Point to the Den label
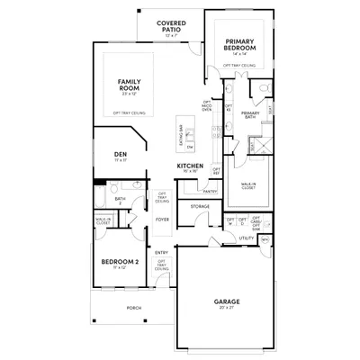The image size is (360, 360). tap(121, 154)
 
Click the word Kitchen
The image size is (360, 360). tap(188, 166)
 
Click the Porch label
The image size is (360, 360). tap(133, 308)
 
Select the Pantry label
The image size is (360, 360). tap(210, 191)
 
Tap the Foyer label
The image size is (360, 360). tap(162, 219)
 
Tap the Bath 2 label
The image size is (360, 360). tap(120, 201)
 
